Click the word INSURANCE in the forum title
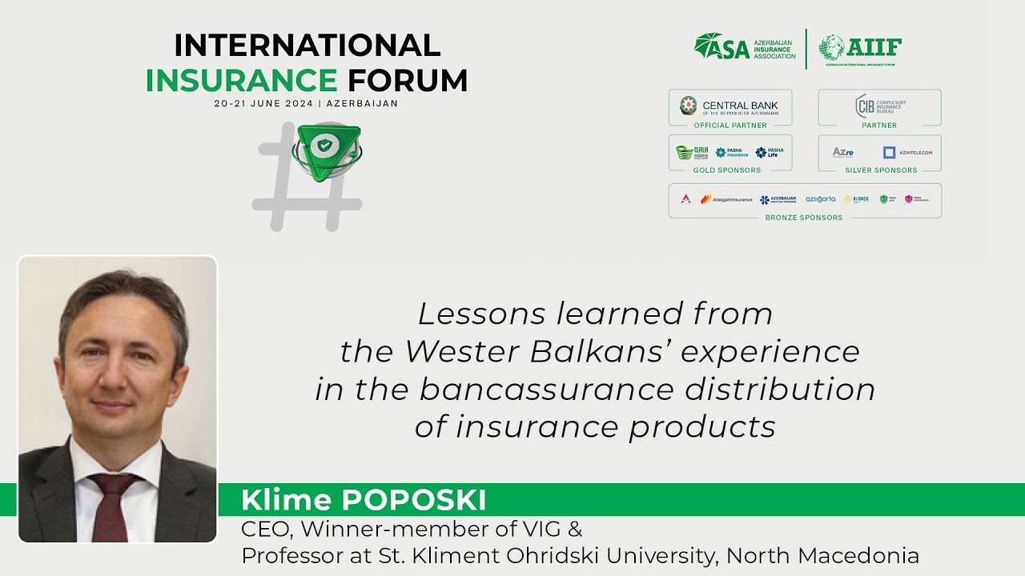[241, 80]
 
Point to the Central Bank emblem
[688, 106]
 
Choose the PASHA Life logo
[770, 152]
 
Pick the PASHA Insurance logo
[731, 152]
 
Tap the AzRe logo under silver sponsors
[842, 152]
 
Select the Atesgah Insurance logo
[726, 199]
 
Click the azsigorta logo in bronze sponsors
[820, 199]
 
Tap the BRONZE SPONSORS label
[804, 218]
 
